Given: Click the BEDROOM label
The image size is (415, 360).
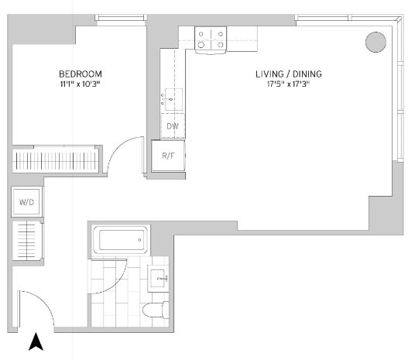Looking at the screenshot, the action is (81, 74).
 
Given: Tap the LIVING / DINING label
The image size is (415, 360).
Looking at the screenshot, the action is (289, 74).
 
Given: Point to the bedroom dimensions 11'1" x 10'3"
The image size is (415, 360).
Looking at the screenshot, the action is (81, 84).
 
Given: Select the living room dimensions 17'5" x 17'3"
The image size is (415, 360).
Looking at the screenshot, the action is (288, 84).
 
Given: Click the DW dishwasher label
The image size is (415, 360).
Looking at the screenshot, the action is (173, 126).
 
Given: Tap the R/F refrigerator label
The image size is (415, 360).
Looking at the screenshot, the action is (168, 156).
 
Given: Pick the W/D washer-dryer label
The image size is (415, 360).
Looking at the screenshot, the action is (26, 202).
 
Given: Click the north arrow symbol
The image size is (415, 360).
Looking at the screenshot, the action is (36, 341).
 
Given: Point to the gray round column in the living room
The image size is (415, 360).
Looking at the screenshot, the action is (376, 42).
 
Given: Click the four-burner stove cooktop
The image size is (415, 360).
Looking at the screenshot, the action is (211, 39).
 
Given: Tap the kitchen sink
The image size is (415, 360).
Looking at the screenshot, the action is (173, 100).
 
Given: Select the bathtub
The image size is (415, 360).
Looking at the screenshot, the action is (121, 240).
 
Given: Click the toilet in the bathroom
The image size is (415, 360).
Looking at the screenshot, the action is (156, 310).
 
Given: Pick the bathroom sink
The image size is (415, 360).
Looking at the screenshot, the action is (158, 279).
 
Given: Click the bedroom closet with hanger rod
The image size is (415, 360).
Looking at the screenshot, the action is (56, 160).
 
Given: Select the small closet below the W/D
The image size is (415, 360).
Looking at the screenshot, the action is (27, 241).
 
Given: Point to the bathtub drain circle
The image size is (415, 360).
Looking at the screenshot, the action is (139, 240).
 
